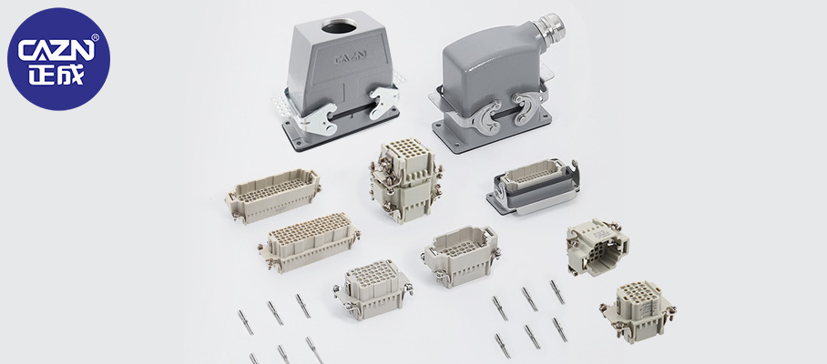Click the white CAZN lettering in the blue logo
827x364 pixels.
56,51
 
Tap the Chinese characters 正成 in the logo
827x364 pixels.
56,75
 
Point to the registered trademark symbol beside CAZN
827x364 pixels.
95,37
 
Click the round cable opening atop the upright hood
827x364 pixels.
339,25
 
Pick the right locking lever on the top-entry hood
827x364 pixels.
383,102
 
